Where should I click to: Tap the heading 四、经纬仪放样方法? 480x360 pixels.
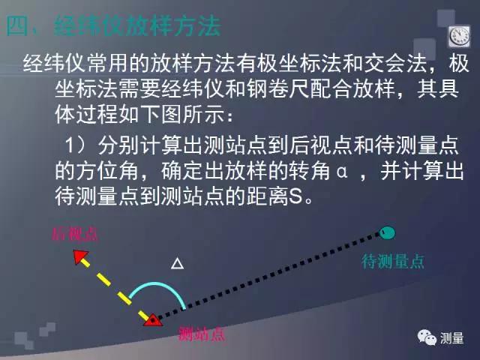pos(113,28)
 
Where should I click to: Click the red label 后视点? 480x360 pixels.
pos(74,234)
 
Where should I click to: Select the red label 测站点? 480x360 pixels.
pos(202,334)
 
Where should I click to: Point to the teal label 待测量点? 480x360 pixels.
pos(393,262)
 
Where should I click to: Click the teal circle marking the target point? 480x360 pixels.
pos(387,232)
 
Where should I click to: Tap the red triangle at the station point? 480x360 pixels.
pos(153,320)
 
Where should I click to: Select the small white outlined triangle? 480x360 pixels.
pos(177,263)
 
